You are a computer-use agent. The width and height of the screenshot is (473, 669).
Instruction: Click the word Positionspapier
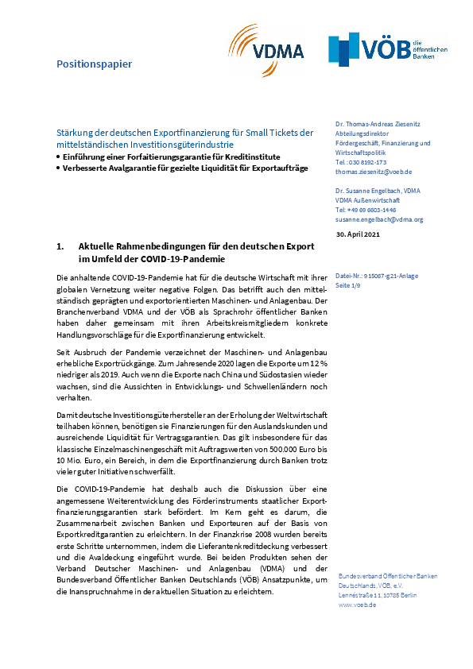tap(94, 63)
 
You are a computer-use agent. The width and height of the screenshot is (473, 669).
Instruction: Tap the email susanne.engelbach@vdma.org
tap(379, 219)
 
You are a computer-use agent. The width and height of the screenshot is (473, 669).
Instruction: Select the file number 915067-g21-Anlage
tap(380, 276)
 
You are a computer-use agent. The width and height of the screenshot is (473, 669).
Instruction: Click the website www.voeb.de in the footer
tap(357, 605)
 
